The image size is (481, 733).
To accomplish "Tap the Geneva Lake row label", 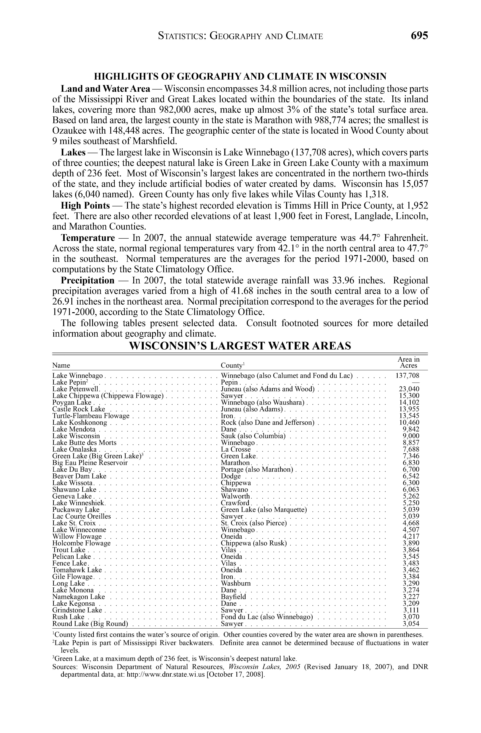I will pos(72,496).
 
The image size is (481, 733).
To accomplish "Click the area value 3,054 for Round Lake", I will pos(411,624).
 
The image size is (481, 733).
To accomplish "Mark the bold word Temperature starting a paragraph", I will pos(88,238).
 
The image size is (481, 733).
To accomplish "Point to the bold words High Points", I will pos(85,205).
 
